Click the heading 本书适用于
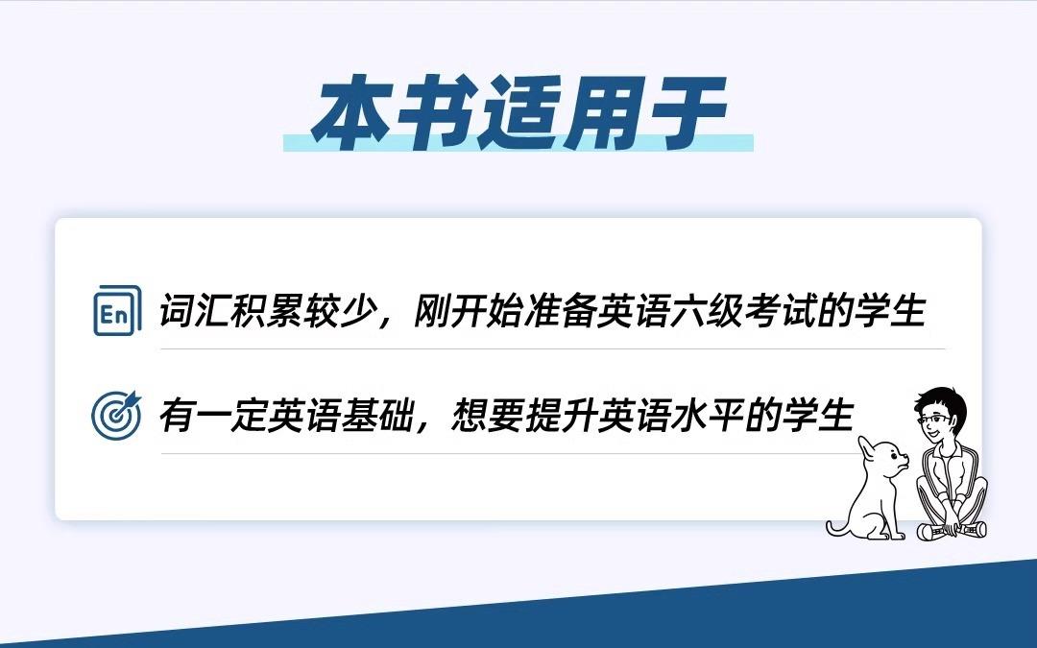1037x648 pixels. click(519, 113)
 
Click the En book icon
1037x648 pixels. click(117, 310)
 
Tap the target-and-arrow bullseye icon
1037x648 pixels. click(117, 415)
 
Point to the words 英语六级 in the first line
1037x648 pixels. click(668, 310)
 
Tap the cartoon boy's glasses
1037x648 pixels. click(932, 420)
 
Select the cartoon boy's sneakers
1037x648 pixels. click(952, 530)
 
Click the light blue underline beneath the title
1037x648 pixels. click(518, 143)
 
